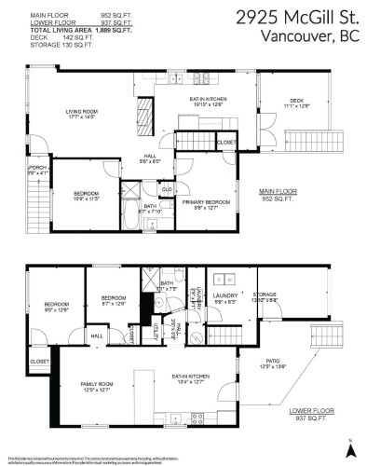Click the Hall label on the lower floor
96,336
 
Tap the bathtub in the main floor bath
127,220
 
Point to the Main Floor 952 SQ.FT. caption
278,195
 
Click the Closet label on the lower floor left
39,361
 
